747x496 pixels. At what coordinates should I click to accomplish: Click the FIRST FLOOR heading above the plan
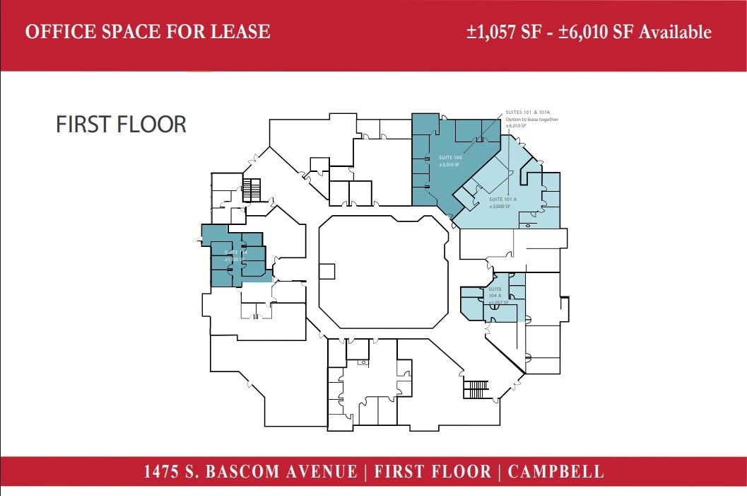click(121, 125)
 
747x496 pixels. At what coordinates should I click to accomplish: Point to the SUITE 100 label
click(449, 157)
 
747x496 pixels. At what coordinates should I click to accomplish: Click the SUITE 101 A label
click(503, 200)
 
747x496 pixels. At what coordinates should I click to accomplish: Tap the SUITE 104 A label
click(495, 292)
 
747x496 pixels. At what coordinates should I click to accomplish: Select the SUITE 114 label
click(235, 252)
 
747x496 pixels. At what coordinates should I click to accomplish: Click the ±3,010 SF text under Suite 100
click(449, 164)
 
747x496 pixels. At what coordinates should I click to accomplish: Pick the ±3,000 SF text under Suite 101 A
click(500, 207)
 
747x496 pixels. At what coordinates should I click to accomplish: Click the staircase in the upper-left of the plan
click(252, 190)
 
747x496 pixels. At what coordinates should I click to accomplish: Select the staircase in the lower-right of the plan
click(476, 390)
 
